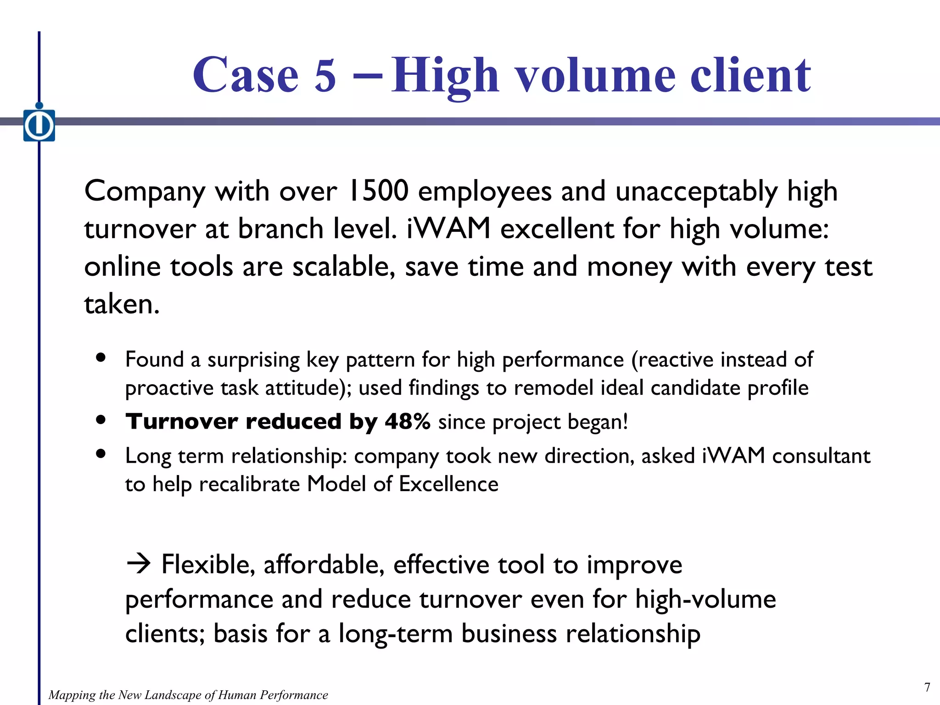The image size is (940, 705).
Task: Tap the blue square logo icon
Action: (39, 125)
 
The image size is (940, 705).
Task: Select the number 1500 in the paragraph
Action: (378, 191)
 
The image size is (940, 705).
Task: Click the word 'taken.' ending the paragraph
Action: (122, 304)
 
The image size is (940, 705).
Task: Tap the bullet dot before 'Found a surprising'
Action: (101, 358)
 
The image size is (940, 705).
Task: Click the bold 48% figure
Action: (407, 421)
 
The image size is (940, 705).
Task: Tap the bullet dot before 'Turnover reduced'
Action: (101, 420)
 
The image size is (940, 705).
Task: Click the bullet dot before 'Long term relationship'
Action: (101, 454)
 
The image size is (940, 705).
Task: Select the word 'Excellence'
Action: (448, 484)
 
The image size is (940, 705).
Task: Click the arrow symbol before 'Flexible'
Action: (138, 564)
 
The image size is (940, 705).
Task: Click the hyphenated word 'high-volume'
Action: (705, 599)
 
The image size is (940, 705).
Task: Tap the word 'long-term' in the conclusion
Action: (395, 634)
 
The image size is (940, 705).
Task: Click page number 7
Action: (927, 687)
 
